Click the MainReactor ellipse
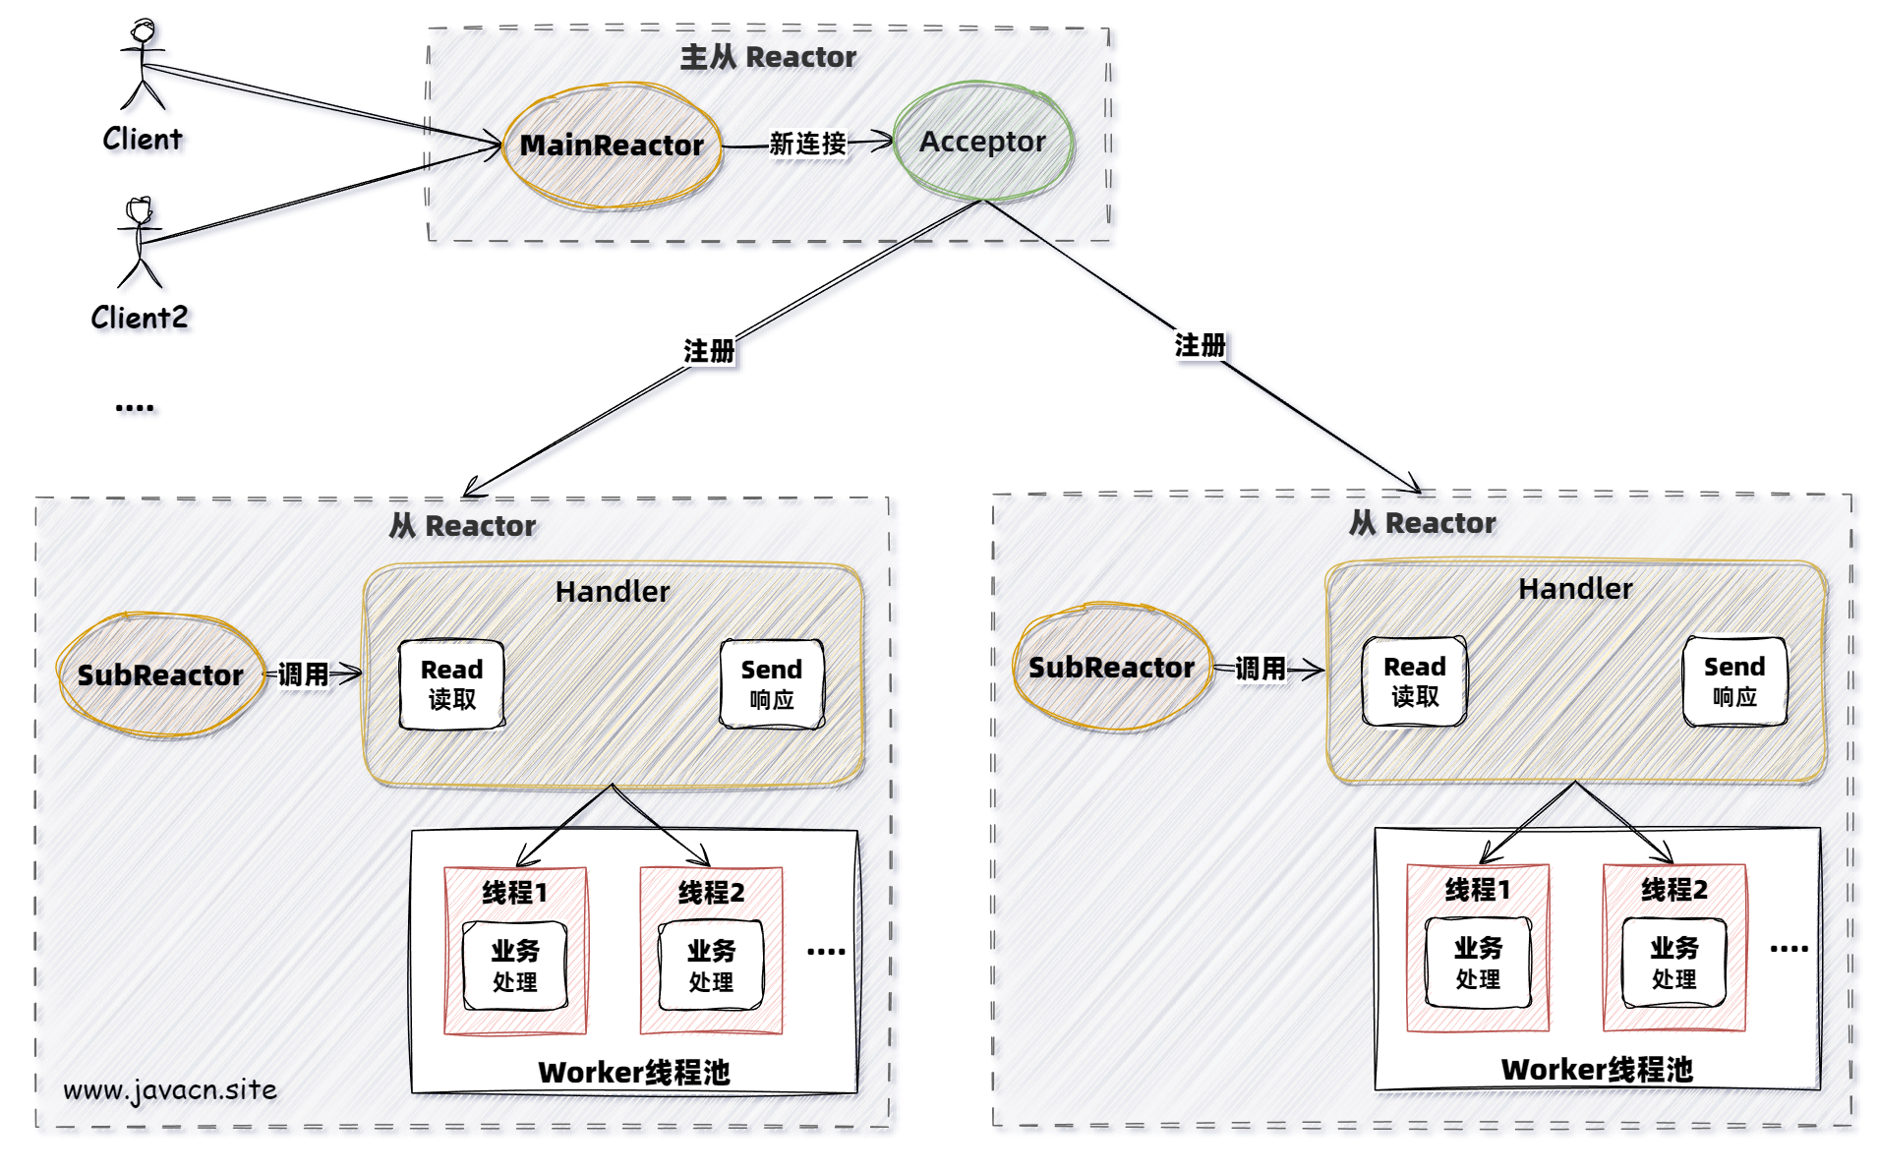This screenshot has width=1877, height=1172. [612, 146]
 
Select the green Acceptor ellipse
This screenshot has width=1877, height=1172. [982, 142]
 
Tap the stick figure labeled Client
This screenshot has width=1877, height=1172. [144, 65]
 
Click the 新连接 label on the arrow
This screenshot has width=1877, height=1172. [807, 144]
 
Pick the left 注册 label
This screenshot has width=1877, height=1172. [708, 351]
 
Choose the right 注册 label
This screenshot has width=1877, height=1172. [1200, 345]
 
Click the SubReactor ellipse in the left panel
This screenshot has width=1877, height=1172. [160, 675]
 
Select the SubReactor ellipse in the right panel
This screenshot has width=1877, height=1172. [1111, 668]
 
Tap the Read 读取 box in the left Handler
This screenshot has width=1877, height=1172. [451, 684]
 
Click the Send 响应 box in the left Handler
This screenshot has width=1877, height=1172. [771, 684]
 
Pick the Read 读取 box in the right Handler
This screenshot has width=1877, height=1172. [1414, 681]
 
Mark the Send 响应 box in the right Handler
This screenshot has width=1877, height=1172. [1734, 681]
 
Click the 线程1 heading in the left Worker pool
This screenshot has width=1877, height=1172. [514, 893]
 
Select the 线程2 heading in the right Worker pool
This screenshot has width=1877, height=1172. [1673, 890]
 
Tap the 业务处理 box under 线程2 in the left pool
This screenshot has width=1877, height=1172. [710, 966]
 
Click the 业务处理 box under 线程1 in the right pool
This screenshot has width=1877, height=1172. [1477, 963]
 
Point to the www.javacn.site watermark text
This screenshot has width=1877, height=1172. [170, 1089]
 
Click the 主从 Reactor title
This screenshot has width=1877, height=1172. [768, 57]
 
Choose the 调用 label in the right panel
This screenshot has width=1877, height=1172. [1260, 669]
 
